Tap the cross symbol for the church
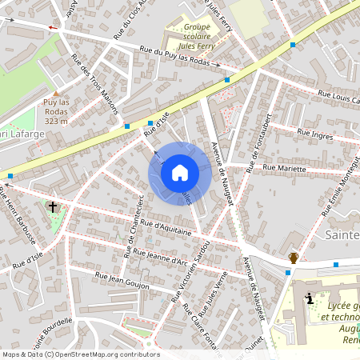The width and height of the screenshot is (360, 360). click(x=53, y=206)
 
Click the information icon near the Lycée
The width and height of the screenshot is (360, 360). click(x=310, y=298)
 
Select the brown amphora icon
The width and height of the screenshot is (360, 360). click(x=294, y=257)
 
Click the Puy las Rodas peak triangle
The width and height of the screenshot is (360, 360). click(x=56, y=91)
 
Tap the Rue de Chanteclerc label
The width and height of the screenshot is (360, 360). click(x=134, y=226)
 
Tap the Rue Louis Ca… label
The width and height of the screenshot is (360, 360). click(x=338, y=98)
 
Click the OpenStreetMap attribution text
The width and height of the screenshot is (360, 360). click(x=80, y=354)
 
